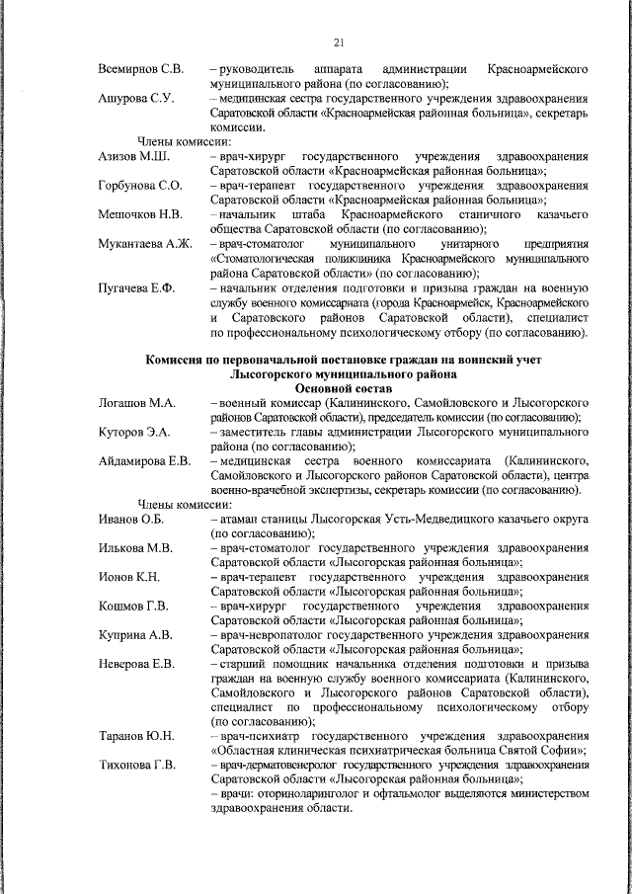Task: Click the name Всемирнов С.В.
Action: click(x=140, y=70)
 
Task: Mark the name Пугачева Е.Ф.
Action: click(x=136, y=286)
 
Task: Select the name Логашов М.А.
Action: click(x=137, y=403)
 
